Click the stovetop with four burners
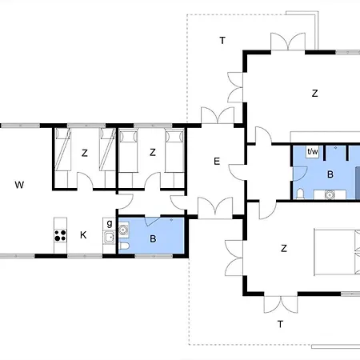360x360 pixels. (60, 235)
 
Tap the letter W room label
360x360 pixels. (19, 185)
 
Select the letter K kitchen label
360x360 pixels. (83, 235)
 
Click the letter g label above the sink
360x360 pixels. (110, 223)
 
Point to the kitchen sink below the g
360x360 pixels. (110, 237)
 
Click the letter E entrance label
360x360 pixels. (217, 162)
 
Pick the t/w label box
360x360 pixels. (313, 152)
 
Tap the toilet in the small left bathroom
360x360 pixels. (124, 246)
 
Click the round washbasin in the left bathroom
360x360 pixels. (123, 230)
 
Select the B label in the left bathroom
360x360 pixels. (153, 238)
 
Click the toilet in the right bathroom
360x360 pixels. (300, 194)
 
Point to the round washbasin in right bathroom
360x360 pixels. (330, 194)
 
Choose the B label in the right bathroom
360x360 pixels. (330, 174)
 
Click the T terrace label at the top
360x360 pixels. (222, 41)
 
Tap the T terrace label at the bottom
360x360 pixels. (280, 324)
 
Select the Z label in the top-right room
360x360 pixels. (314, 94)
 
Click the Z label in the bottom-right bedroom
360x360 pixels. (284, 249)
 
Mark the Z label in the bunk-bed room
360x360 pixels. (85, 153)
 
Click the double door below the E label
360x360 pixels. (215, 209)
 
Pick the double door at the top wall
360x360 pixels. (288, 42)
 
